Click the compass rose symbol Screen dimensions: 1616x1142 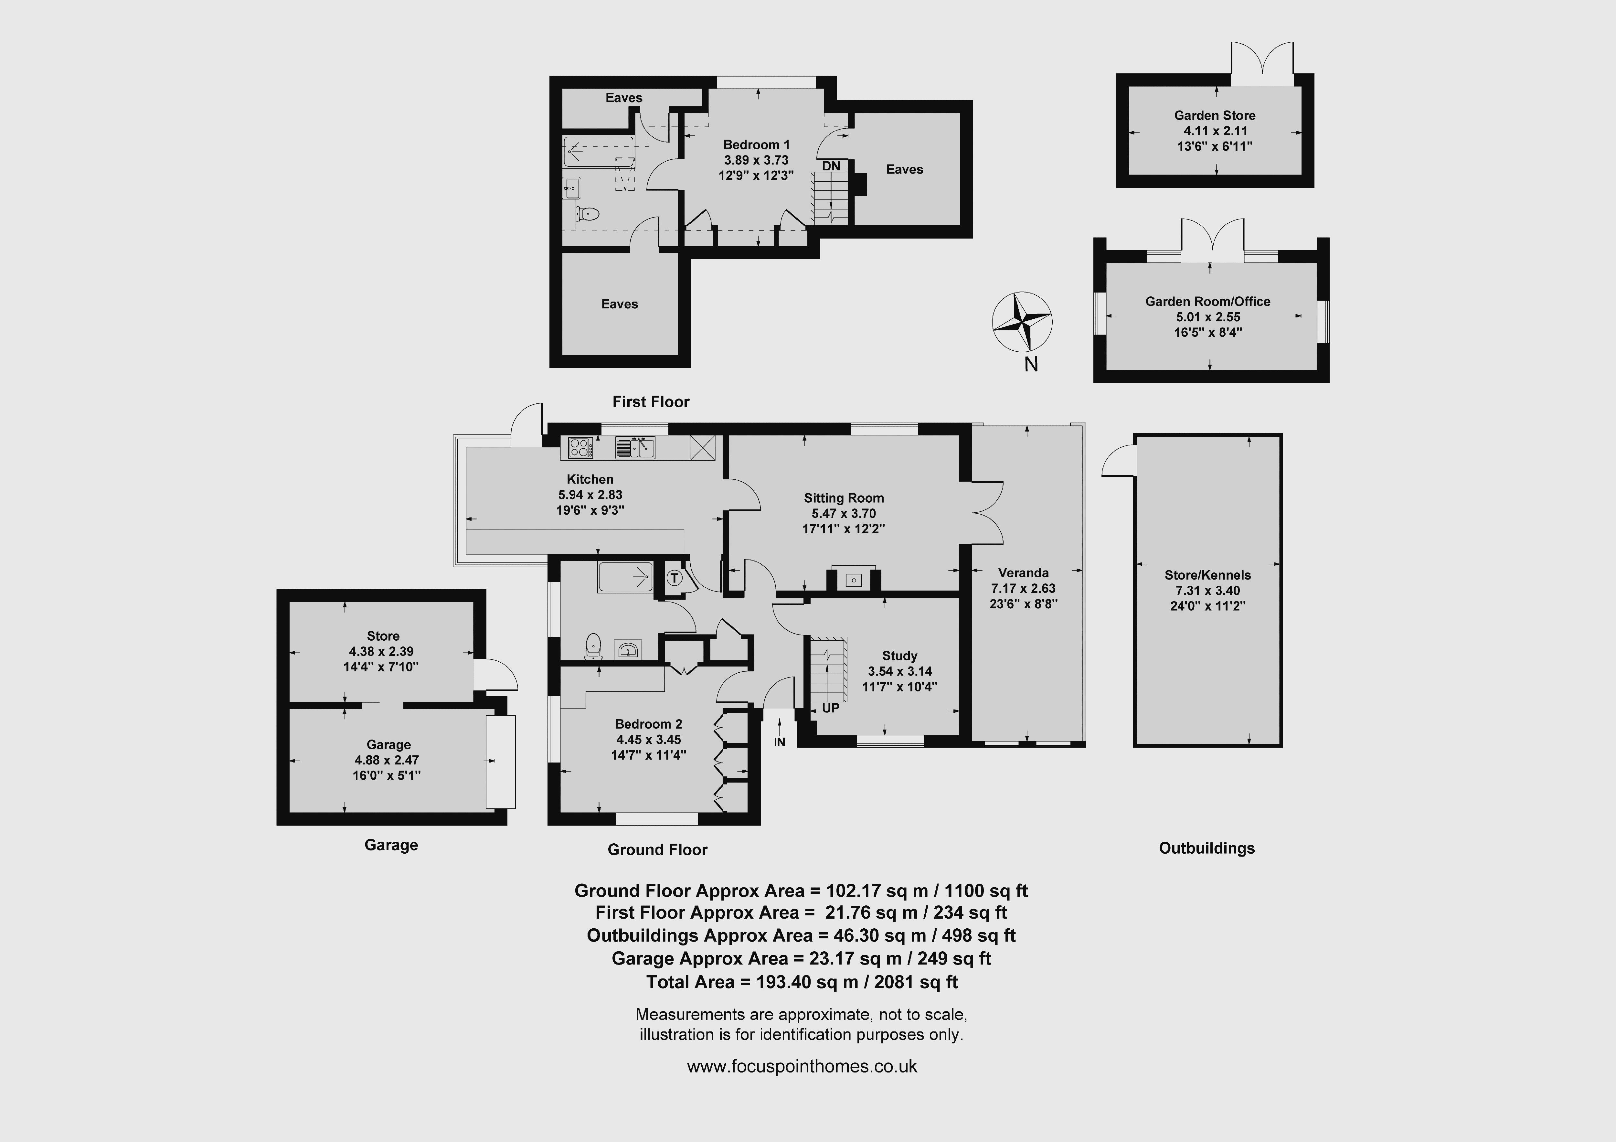coord(1022,322)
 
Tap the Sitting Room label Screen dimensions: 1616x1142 coord(844,498)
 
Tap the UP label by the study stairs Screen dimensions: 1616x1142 coord(831,708)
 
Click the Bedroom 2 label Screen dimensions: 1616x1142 coord(648,724)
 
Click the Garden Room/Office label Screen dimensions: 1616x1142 coord(1208,301)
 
